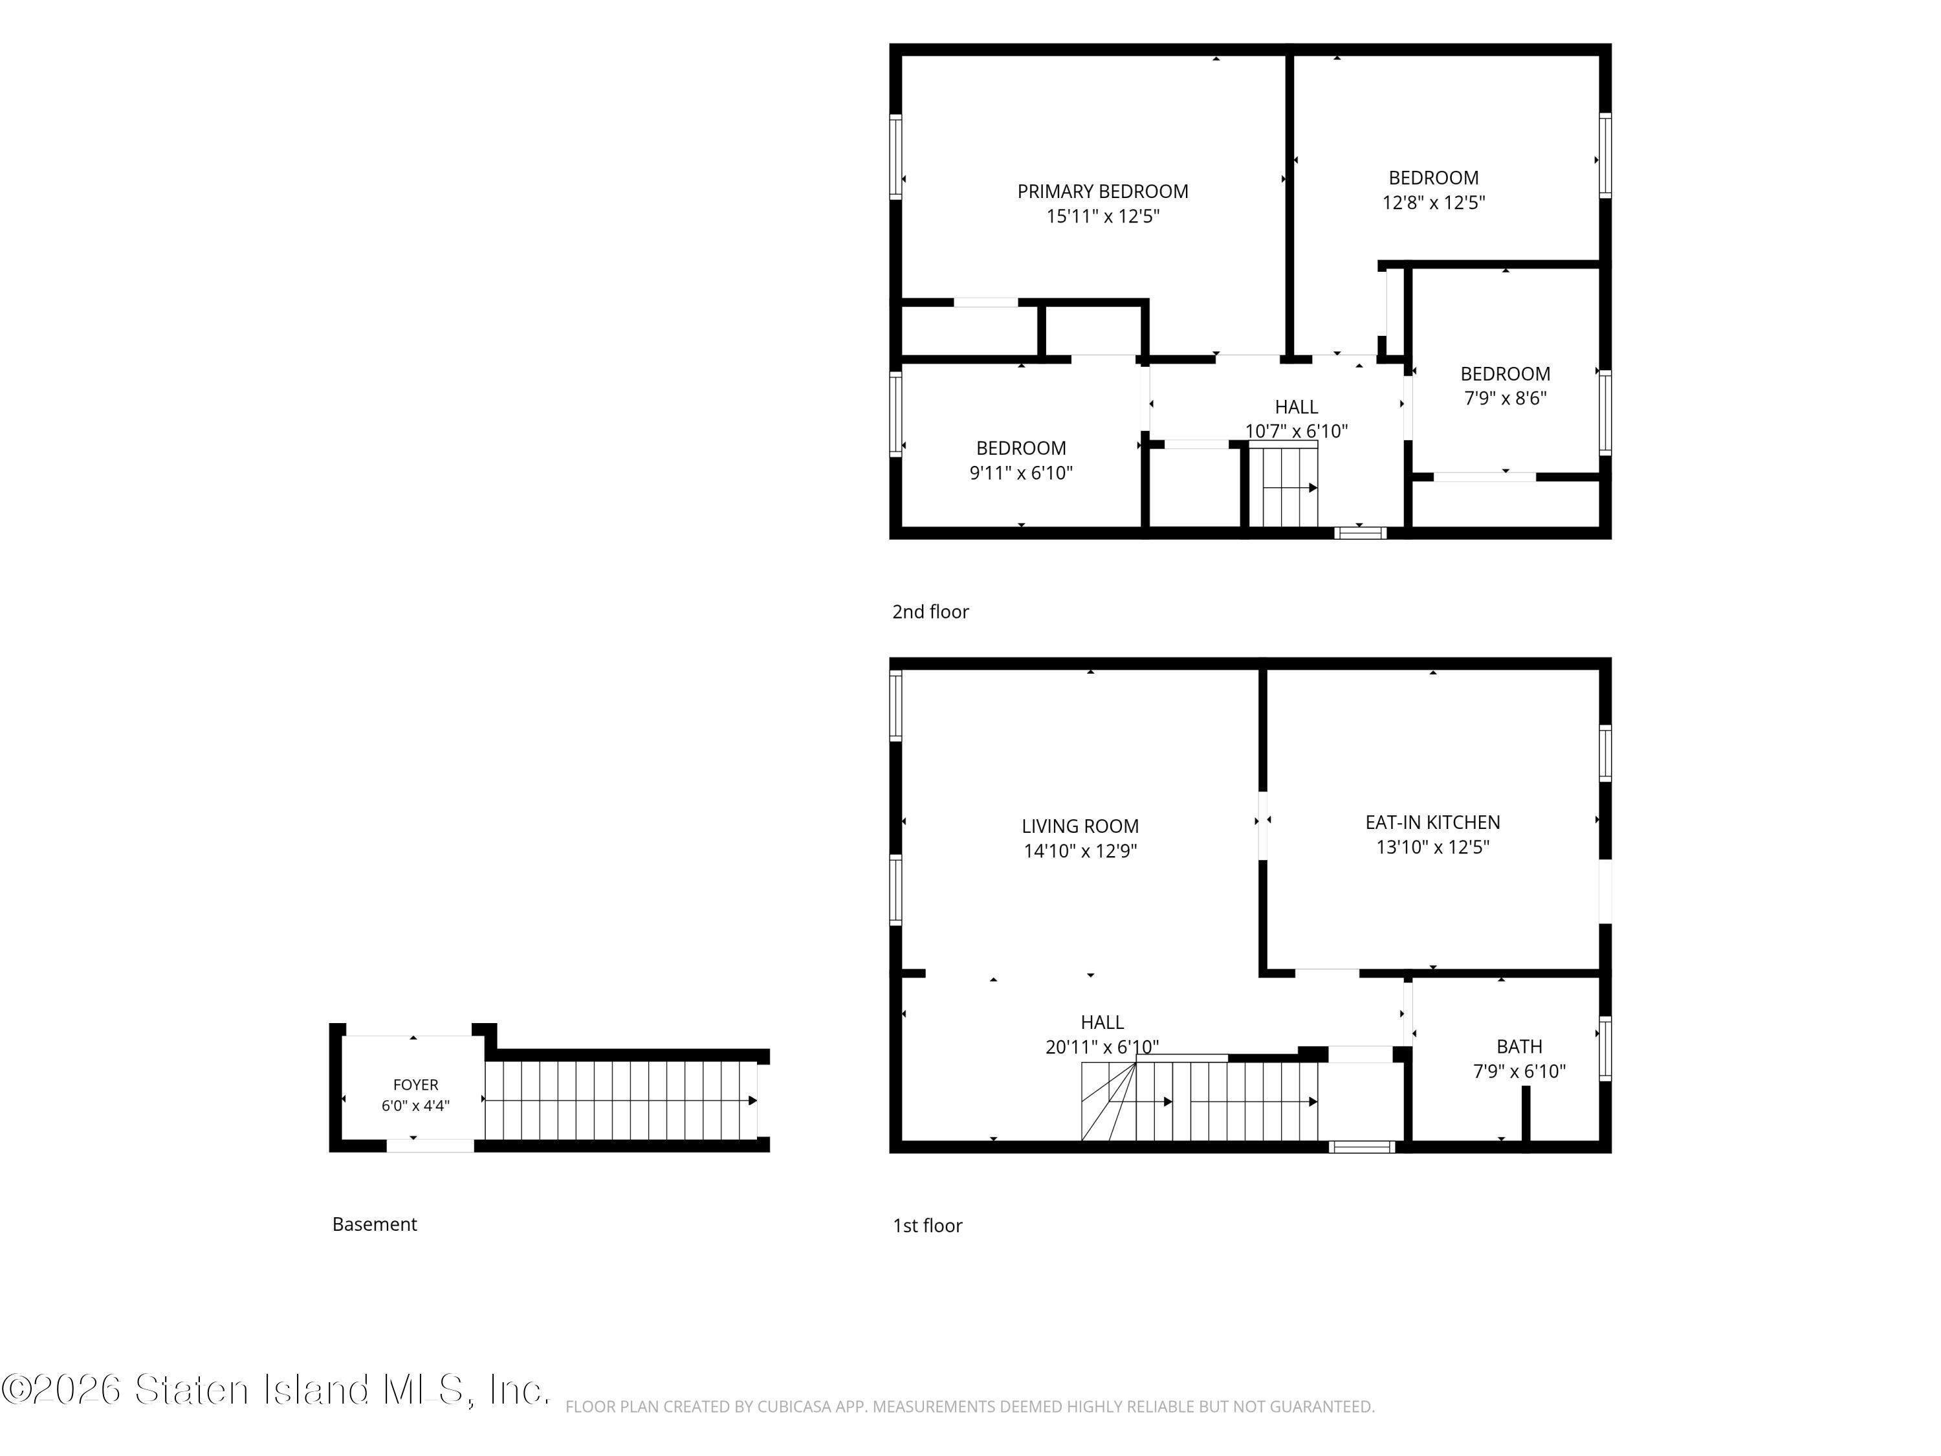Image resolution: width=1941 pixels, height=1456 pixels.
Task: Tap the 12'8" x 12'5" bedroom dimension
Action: (x=1433, y=203)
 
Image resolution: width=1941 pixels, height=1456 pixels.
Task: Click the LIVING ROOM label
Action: (x=1080, y=826)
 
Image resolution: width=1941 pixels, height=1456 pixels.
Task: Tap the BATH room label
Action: (x=1519, y=1046)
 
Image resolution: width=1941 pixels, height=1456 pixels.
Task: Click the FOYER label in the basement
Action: (x=415, y=1085)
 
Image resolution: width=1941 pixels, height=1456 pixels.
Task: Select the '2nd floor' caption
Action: (x=930, y=612)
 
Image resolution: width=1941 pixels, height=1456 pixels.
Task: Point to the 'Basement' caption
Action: (x=375, y=1224)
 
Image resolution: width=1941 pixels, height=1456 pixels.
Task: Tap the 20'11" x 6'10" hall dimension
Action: (x=1102, y=1047)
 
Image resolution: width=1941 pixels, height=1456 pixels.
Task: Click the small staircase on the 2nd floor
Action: (x=1283, y=485)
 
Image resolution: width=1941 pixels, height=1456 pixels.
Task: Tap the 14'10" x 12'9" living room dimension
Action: (x=1080, y=850)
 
